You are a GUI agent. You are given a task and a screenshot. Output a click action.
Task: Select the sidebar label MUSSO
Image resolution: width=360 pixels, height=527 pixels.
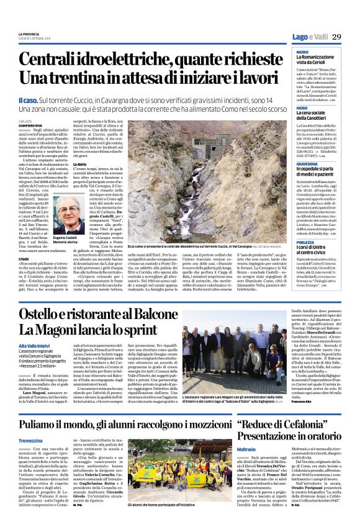(x=303, y=52)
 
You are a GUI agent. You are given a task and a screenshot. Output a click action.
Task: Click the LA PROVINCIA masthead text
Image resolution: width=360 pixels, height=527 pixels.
(x=29, y=34)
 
